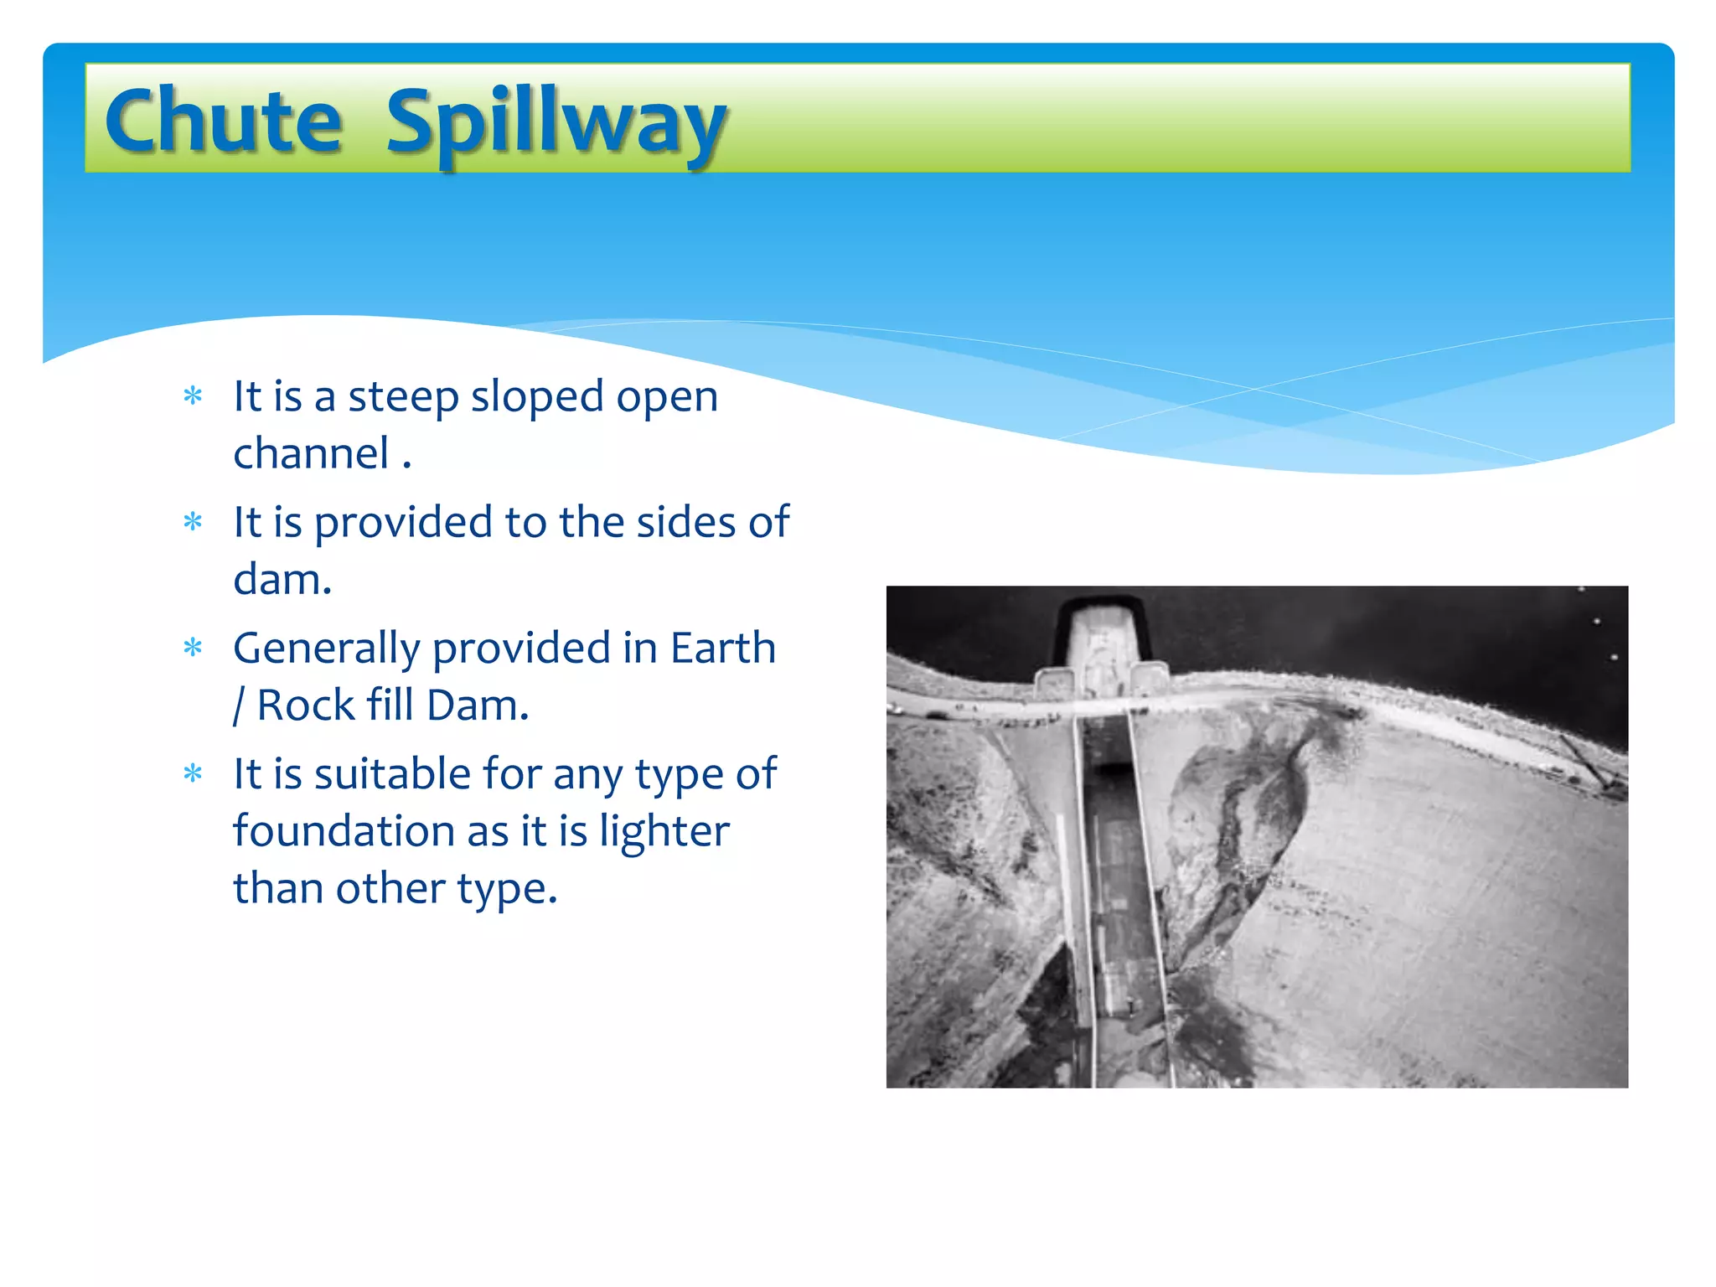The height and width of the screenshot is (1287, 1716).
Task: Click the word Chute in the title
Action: click(x=224, y=121)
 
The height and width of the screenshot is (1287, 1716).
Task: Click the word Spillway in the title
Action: click(x=556, y=124)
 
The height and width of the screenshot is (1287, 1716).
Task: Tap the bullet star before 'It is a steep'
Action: click(x=193, y=395)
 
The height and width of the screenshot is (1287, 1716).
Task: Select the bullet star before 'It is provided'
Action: click(x=193, y=522)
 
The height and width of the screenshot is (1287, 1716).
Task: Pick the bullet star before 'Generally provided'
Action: click(x=193, y=648)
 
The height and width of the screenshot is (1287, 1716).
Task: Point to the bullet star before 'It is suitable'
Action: click(x=193, y=773)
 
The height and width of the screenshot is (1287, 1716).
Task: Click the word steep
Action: click(x=403, y=397)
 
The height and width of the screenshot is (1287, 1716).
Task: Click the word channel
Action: click(x=311, y=454)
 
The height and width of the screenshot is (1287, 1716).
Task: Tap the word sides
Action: click(x=685, y=522)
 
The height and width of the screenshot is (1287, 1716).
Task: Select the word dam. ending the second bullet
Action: click(x=282, y=580)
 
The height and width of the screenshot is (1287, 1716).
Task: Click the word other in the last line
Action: click(x=390, y=888)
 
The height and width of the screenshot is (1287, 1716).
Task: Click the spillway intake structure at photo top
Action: click(x=1102, y=645)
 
